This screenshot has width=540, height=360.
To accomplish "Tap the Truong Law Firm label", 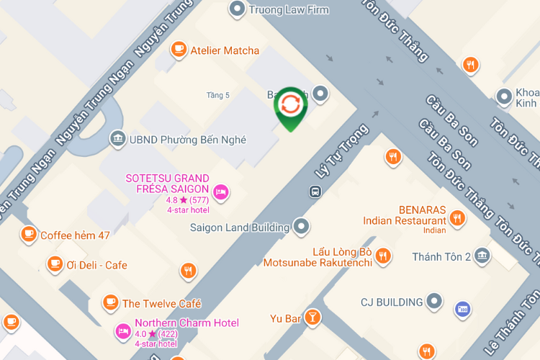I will click(x=288, y=10).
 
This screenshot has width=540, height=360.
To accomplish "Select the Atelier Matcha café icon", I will click(x=178, y=50).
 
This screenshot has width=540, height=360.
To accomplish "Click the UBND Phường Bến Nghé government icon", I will click(x=117, y=139).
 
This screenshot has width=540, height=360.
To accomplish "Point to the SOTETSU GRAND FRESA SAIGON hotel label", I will click(x=167, y=183).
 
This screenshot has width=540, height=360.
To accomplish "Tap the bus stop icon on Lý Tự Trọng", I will click(x=315, y=192).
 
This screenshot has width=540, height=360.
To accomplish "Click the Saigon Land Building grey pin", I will click(x=301, y=228).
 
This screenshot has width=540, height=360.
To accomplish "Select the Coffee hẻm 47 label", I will click(x=75, y=235).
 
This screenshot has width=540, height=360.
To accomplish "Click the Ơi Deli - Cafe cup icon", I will click(x=55, y=264).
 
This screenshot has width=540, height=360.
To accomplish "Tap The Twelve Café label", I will click(x=161, y=304).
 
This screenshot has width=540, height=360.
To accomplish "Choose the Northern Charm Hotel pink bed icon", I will click(x=122, y=330).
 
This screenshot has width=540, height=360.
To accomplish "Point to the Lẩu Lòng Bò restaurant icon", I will click(x=384, y=255).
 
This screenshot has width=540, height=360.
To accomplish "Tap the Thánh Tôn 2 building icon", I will click(x=482, y=256).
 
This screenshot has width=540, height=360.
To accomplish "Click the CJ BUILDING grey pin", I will click(x=433, y=302).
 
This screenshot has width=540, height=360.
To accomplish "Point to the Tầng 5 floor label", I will click(x=217, y=95).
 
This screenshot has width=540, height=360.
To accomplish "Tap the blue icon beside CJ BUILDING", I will click(x=463, y=309).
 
